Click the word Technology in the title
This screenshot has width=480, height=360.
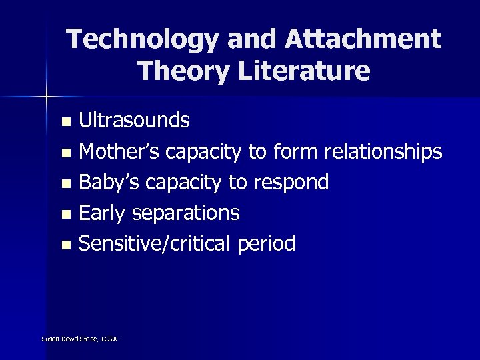point(142,39)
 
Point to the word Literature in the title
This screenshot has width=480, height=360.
point(300,71)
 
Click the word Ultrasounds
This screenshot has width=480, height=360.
point(134,121)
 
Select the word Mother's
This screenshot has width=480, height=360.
point(119,152)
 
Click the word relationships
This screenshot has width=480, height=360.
point(383,152)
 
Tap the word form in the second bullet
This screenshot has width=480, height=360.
point(295,152)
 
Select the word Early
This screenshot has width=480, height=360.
point(103,213)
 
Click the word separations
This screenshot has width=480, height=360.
point(186,213)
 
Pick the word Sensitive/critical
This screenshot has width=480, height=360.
point(155,244)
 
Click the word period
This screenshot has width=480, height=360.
point(266,244)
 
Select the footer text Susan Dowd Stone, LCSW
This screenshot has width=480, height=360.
point(79,339)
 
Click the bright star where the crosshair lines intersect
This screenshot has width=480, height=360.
point(47,97)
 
